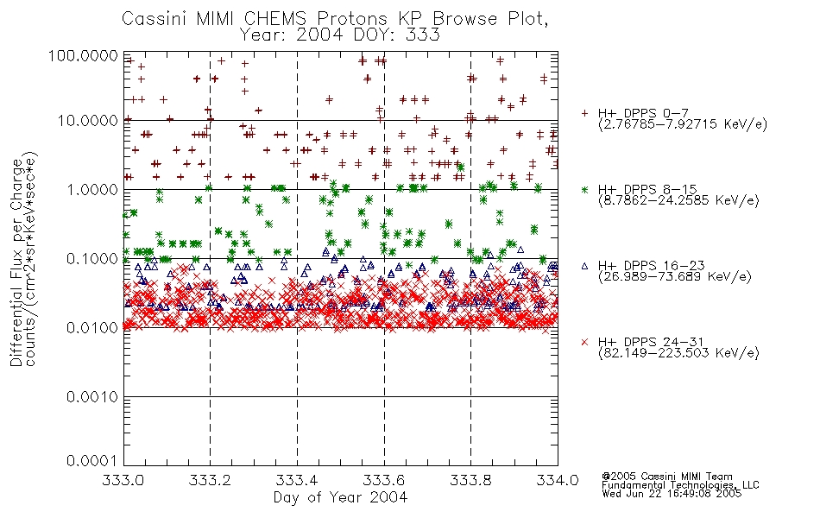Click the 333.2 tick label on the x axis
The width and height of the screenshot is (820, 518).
pos(210,480)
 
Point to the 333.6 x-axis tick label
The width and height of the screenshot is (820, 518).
pos(384,480)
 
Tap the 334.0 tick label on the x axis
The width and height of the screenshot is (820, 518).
pos(558,480)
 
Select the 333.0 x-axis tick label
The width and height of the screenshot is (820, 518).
pos(123,480)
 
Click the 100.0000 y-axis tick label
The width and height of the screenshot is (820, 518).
pos(84,55)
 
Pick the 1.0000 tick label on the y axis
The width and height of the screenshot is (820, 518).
pos(92,189)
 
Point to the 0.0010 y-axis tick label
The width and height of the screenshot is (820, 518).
pos(92,397)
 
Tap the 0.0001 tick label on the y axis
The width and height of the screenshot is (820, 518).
pos(92,460)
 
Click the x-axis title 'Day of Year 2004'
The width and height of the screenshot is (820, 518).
pos(340,497)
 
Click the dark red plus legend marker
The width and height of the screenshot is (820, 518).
pos(585,113)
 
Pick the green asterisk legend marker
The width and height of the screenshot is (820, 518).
pos(585,189)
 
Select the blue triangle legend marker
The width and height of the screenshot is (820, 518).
pos(585,266)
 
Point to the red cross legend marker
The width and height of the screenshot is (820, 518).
pos(585,342)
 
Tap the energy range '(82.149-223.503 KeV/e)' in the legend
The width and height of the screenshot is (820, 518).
pos(678,353)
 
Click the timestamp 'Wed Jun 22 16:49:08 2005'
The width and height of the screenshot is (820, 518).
pos(672,494)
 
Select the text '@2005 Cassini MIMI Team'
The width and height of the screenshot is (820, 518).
pos(666,477)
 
